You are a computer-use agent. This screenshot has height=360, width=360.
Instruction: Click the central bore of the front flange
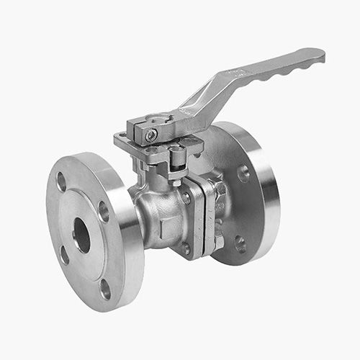81,235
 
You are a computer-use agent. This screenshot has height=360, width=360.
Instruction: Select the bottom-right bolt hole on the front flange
106,289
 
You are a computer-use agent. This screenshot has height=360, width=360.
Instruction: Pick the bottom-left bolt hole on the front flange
65,255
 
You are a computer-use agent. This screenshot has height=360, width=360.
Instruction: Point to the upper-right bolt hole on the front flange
103,210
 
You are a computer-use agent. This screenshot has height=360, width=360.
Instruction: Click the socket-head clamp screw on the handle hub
151,135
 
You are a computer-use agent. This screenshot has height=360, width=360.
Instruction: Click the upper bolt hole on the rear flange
243,173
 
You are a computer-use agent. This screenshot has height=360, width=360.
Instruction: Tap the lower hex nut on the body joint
186,248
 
